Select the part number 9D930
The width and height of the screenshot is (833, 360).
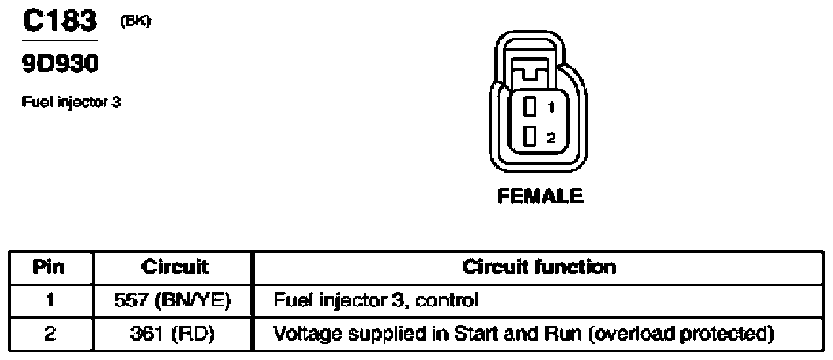click(57, 64)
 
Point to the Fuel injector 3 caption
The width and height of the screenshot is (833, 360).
click(70, 102)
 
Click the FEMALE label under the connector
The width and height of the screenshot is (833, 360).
click(540, 198)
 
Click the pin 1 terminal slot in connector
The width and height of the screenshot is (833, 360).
click(529, 107)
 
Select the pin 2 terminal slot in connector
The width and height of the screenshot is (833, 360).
click(529, 136)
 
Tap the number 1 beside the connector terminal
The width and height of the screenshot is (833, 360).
click(550, 108)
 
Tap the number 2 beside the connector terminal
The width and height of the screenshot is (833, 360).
click(550, 137)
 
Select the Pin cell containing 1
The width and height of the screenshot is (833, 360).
click(51, 300)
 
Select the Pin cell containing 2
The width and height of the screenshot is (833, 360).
click(51, 334)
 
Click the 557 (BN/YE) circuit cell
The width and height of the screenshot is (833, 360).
click(174, 300)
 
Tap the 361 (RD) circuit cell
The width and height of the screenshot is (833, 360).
click(174, 334)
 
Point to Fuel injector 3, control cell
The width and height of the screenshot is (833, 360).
click(377, 300)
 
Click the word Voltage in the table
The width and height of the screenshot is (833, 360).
click(304, 334)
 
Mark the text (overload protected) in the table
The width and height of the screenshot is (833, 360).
click(693, 334)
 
